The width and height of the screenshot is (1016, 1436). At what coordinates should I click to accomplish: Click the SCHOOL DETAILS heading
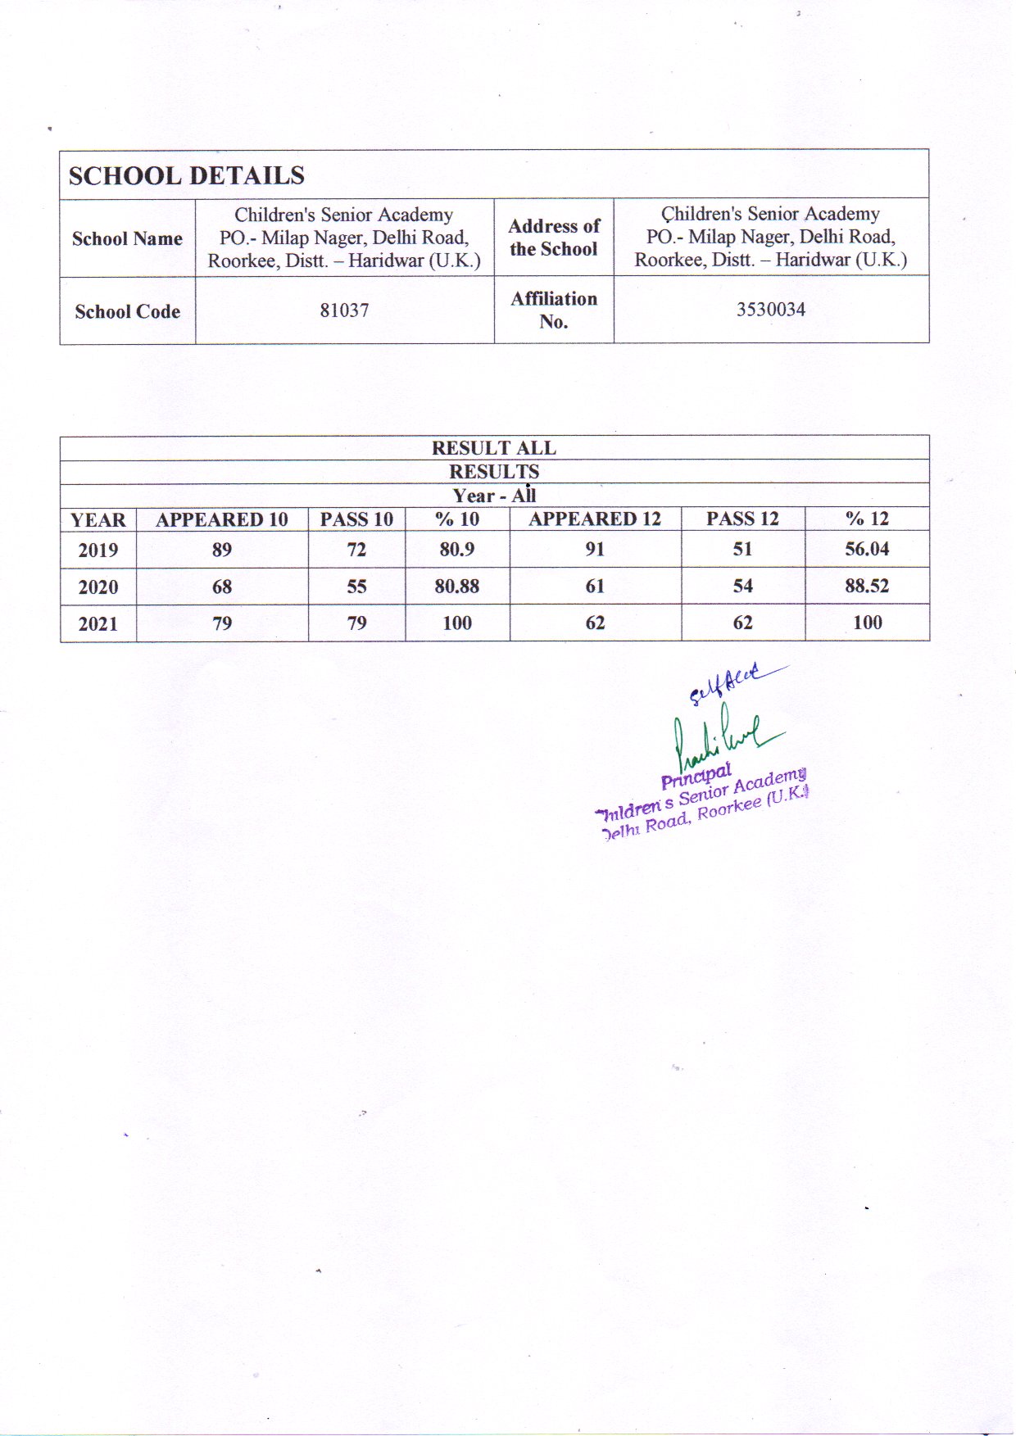click(186, 176)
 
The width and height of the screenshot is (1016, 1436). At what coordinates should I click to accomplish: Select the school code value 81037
click(344, 310)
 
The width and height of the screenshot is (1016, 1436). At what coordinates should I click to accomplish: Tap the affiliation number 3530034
click(770, 310)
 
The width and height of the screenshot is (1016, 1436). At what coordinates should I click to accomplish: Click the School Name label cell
click(127, 238)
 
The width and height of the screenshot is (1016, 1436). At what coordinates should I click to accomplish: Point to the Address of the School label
click(554, 238)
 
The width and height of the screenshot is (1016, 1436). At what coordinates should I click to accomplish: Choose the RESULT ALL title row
click(494, 448)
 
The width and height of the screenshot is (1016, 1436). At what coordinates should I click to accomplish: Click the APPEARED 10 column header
click(222, 519)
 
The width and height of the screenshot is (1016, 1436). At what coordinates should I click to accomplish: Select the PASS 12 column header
click(742, 519)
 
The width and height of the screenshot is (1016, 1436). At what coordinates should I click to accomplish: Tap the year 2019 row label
click(98, 550)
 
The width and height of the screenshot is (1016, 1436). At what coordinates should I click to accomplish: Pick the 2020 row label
click(98, 587)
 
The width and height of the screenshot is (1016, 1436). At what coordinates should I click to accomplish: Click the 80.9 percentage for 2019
click(456, 549)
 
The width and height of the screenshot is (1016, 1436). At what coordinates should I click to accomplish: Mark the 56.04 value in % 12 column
click(867, 549)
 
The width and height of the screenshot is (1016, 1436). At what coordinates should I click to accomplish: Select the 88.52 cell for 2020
click(867, 586)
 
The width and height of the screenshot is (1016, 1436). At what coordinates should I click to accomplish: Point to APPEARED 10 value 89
click(222, 550)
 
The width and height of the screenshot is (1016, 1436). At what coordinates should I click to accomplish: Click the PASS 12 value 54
click(742, 586)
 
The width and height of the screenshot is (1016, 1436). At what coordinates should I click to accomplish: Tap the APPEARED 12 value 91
click(595, 549)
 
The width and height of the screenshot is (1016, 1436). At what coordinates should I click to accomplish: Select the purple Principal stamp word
click(696, 775)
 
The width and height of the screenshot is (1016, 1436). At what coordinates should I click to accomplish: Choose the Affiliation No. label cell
click(554, 310)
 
